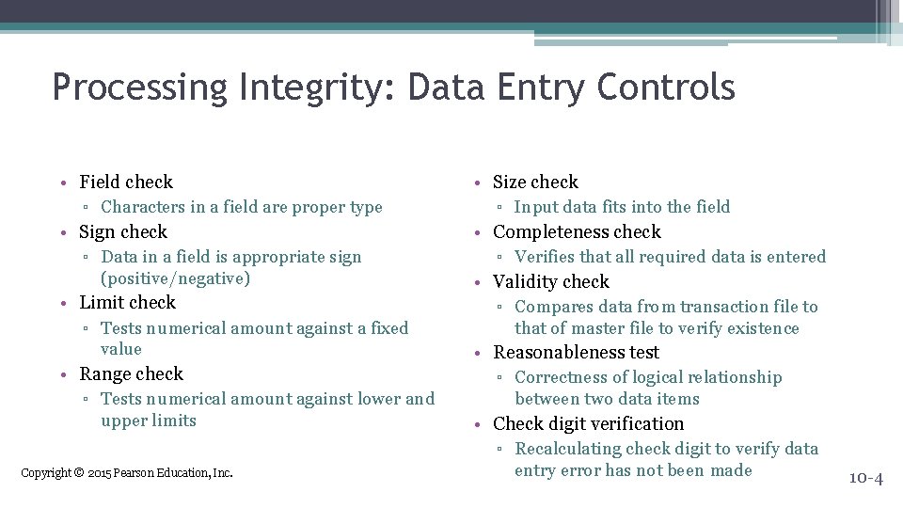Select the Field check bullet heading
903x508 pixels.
[126, 182]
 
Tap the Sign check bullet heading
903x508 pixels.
[123, 231]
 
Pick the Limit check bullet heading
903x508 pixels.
[127, 302]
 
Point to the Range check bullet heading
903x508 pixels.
[131, 373]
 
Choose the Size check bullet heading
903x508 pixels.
[535, 182]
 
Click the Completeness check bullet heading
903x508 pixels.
[577, 231]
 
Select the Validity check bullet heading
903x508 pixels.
[550, 281]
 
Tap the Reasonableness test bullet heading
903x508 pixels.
[576, 352]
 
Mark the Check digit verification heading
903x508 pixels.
[588, 423]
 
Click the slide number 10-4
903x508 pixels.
[865, 478]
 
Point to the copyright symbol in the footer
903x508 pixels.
[79, 472]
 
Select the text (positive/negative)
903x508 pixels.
[175, 278]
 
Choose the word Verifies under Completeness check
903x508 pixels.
[545, 257]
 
